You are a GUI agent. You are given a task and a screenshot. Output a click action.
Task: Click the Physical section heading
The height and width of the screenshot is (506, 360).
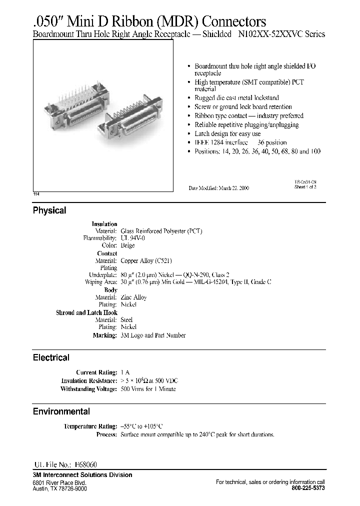49,210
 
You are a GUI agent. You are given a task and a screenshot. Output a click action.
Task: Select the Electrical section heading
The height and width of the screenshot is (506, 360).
51,357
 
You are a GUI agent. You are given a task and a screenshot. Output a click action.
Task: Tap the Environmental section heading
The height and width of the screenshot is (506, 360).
61,411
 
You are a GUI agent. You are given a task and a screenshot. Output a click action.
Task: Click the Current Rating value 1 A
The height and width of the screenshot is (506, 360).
125,372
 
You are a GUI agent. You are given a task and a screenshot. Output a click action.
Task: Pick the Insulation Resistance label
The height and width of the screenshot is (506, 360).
89,381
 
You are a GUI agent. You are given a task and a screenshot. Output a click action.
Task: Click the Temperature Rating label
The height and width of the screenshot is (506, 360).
90,426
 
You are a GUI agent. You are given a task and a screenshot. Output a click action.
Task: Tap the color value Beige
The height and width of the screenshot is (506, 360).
128,245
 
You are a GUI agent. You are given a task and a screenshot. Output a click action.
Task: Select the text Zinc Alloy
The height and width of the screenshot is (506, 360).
133,297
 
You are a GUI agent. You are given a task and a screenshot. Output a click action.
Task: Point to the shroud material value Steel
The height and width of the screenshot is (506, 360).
127,319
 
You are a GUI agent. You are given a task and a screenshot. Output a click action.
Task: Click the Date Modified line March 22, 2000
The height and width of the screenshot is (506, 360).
218,188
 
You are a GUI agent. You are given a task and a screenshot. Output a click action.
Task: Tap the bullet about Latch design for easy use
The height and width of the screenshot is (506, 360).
227,134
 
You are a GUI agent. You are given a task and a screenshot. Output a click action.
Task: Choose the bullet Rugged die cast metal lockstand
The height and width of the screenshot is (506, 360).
236,98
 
